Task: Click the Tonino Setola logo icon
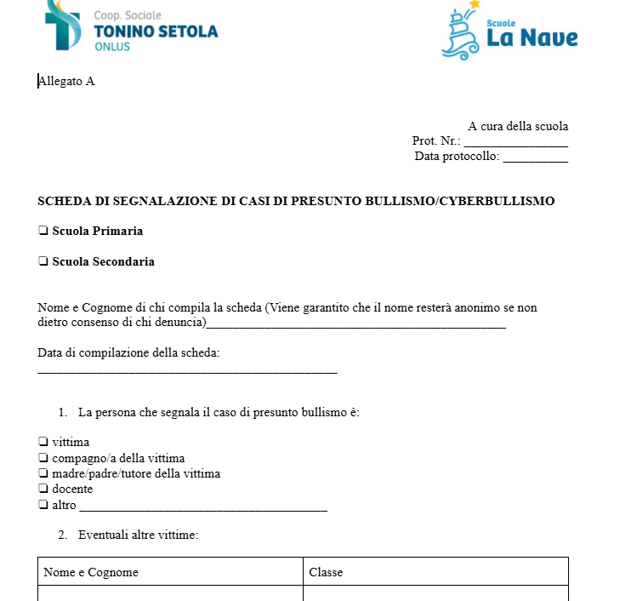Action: [65, 26]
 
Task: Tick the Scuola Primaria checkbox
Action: [43, 231]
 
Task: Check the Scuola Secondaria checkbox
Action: [43, 262]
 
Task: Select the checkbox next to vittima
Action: [43, 443]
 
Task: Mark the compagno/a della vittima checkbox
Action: [43, 458]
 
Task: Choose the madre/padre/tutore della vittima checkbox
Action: [43, 473]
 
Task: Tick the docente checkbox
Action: [43, 489]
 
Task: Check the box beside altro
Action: [43, 505]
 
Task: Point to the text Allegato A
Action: [66, 82]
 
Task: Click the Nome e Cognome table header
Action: [91, 572]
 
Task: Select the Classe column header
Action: [326, 572]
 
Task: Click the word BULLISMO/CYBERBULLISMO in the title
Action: [459, 202]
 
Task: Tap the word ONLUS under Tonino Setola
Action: [112, 47]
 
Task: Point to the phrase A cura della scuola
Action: [518, 127]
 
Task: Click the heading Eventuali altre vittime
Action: [138, 535]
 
